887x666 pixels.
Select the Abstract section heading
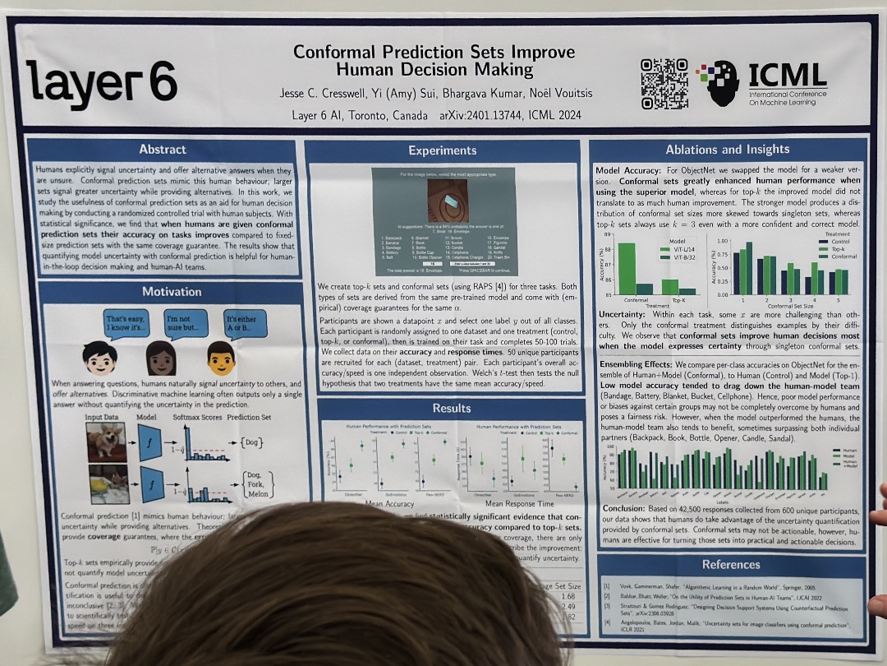click(163, 150)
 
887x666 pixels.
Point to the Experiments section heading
click(442, 150)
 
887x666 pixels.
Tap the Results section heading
click(451, 409)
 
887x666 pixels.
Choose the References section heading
click(731, 565)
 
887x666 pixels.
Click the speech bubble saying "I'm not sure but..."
click(188, 323)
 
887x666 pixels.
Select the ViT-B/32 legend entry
click(678, 257)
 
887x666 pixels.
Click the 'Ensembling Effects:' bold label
click(636, 363)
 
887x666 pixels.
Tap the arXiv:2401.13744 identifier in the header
click(478, 115)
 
